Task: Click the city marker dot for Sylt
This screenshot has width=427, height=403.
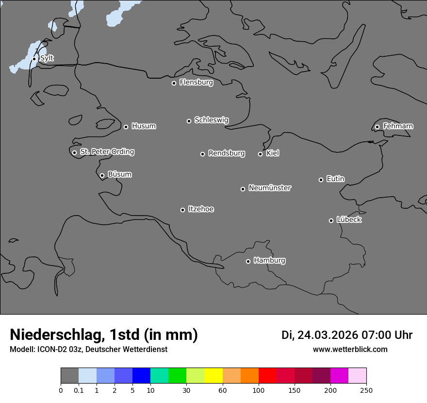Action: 34,59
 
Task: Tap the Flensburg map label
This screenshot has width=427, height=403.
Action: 196,83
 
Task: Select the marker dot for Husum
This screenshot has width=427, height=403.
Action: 126,127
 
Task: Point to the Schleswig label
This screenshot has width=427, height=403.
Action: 211,120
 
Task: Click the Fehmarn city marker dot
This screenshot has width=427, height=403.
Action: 377,127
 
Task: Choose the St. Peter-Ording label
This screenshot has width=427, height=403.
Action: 107,152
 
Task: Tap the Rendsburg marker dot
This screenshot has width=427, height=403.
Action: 202,154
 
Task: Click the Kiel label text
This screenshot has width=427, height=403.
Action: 273,153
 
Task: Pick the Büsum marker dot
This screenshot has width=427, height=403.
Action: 102,175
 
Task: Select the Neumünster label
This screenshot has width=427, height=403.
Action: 270,188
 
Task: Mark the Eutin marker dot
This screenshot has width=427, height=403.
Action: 321,180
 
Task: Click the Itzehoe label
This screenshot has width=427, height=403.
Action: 201,209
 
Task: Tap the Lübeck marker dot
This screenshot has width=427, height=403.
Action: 331,220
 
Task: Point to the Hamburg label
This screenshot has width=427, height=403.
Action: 269,261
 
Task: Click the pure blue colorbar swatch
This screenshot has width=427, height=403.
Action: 141,376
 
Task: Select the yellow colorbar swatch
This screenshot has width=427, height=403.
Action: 213,376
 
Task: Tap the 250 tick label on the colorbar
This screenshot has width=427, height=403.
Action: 366,390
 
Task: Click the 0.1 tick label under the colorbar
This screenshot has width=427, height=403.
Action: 79,390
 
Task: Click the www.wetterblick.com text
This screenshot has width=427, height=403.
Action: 350,349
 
